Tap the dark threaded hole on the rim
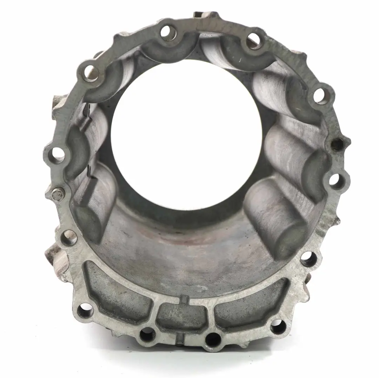337,144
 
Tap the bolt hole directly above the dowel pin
58,154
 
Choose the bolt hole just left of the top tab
168,32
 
